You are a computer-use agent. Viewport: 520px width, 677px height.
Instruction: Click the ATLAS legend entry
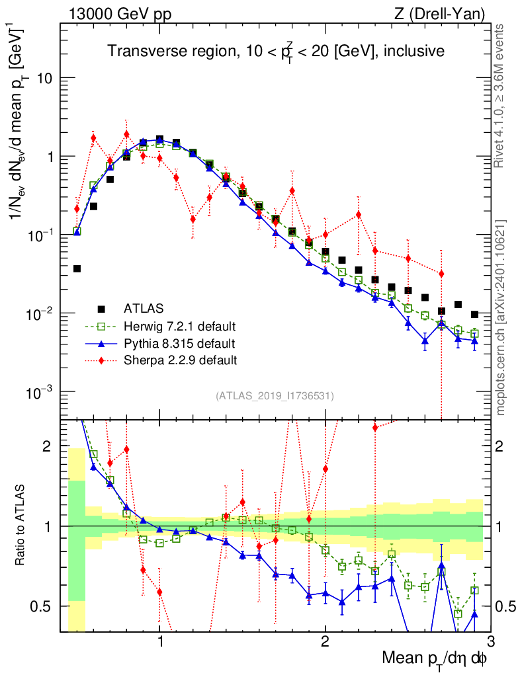(x=143, y=308)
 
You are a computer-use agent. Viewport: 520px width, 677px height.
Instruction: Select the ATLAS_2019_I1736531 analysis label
(x=275, y=396)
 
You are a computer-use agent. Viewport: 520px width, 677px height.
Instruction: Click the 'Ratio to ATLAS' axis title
(x=22, y=526)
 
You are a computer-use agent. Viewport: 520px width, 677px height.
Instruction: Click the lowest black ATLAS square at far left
(x=77, y=268)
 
